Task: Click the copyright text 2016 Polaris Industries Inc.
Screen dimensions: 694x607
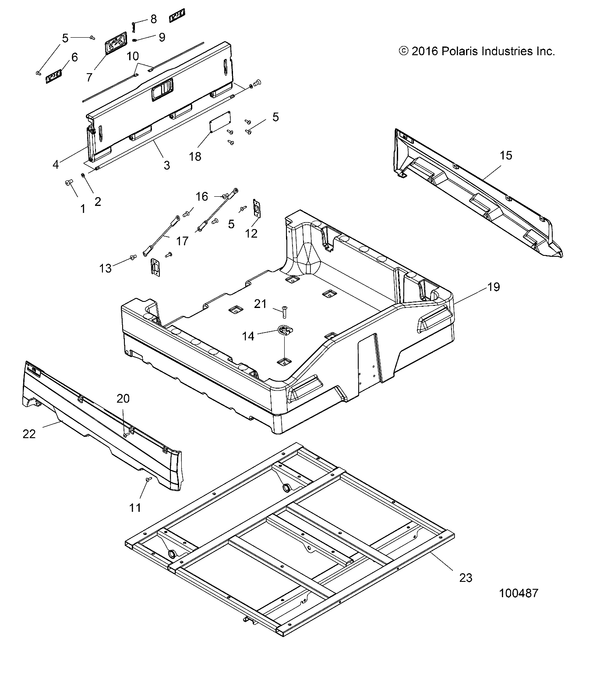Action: click(x=477, y=51)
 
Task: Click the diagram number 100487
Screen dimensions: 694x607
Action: click(x=519, y=593)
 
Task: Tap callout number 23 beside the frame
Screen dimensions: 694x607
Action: click(x=466, y=578)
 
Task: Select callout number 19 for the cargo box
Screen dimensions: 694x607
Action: click(x=493, y=287)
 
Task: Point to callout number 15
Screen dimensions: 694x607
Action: click(x=506, y=155)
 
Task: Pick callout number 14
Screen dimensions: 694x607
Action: click(x=248, y=336)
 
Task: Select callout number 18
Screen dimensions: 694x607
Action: click(x=195, y=156)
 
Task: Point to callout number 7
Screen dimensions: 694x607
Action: click(x=89, y=77)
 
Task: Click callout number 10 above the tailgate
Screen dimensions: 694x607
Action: click(x=133, y=56)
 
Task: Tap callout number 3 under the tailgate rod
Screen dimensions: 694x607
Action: click(x=166, y=165)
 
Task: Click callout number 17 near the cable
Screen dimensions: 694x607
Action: click(x=182, y=241)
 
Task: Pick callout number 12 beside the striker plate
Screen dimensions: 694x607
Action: click(x=251, y=233)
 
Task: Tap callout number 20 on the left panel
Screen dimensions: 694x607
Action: click(x=123, y=398)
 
